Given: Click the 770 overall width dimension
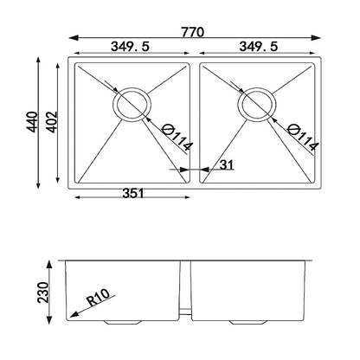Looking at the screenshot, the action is (193, 32).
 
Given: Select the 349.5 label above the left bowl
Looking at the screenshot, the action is (130, 47).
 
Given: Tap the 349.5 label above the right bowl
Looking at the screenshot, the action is (259, 47).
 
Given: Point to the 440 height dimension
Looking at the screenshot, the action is (32, 122).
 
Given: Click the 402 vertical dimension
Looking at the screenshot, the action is (53, 122).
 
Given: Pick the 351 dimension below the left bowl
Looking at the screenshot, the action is (133, 193).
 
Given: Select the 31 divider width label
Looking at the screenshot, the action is (227, 165).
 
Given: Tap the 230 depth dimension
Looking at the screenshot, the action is (43, 292).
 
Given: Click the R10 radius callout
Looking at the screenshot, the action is (99, 298).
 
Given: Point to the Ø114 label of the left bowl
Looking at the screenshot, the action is (177, 138).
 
